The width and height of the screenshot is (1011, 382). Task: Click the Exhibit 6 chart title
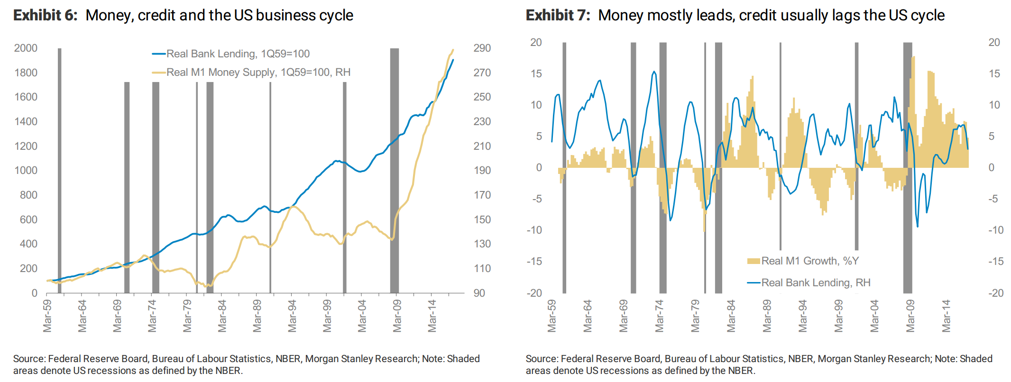(183, 15)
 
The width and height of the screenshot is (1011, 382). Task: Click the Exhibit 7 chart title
(735, 15)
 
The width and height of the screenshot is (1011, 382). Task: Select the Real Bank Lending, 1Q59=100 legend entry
(238, 54)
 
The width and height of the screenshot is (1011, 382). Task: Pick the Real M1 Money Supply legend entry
(258, 72)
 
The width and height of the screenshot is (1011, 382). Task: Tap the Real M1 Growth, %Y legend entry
(809, 261)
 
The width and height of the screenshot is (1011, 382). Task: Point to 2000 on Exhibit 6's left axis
(26, 48)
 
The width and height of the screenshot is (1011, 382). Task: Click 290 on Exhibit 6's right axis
(482, 48)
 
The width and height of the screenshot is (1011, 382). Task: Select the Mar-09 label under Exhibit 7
(910, 316)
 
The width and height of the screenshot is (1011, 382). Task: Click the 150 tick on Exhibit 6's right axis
(482, 219)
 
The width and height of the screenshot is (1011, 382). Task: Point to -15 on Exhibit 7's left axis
(534, 261)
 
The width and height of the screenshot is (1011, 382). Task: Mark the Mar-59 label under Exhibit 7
(551, 316)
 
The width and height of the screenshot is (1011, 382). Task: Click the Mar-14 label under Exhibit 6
(432, 316)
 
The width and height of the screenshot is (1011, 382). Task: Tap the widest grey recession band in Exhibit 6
(394, 171)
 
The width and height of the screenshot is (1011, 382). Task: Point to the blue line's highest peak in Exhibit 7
(654, 72)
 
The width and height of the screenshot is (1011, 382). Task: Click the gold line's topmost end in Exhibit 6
(453, 49)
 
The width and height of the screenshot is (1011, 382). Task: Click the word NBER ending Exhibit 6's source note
(229, 371)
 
